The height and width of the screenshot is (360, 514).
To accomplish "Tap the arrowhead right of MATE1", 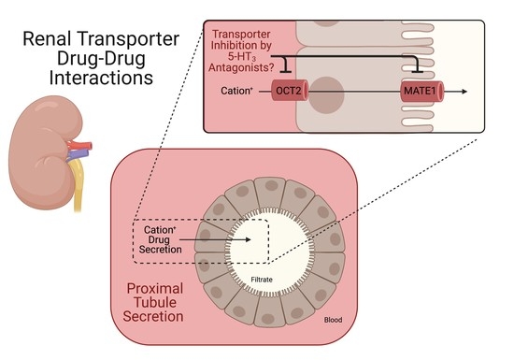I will [466, 94].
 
